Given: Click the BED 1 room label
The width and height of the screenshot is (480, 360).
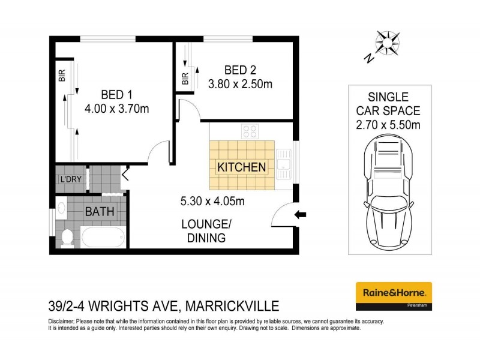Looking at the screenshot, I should [116, 94].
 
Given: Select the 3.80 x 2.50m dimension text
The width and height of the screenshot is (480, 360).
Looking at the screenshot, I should [240, 84].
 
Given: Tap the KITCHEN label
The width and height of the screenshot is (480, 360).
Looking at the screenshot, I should [241, 167].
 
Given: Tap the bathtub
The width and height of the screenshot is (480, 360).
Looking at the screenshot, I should [103, 237].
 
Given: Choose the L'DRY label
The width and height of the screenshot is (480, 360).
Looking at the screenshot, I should [70, 179].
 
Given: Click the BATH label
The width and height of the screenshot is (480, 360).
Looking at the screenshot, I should [97, 211].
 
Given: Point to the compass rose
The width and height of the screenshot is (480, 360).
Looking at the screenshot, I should [388, 43].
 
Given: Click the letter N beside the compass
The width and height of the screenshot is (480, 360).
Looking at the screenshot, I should [368, 58].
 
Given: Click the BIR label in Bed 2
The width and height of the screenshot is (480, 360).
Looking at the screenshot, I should [185, 78].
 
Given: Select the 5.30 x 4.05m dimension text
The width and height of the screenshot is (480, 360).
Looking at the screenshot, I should [212, 201].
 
